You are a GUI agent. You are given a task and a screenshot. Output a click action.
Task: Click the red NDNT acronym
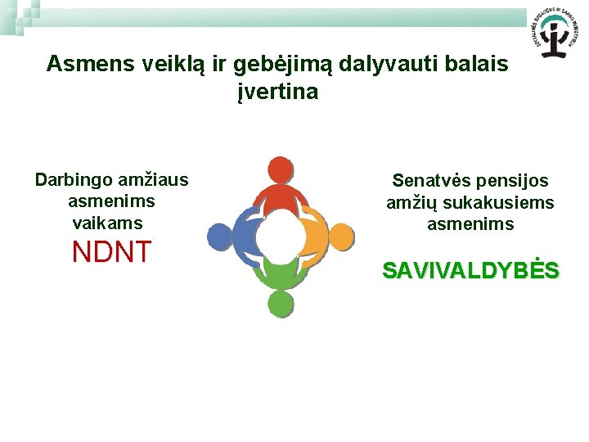pos(111,252)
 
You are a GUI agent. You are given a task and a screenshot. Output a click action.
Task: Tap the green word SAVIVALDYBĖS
pos(470,271)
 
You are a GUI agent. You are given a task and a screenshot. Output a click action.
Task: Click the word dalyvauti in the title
pos(404,64)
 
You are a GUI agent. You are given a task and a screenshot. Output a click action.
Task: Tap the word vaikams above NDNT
pos(107,223)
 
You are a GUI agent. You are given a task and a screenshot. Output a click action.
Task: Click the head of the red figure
pos(280,169)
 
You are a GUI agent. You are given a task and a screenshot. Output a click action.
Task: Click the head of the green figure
pos(280,304)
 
